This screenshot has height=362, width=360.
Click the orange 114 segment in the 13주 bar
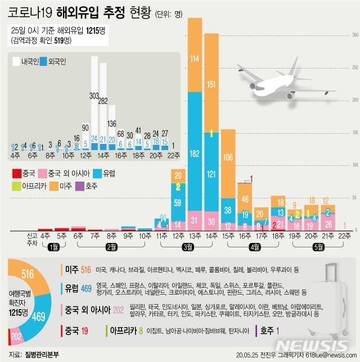[x=195, y=58]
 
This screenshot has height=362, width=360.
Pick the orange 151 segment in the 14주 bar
[x=211, y=84]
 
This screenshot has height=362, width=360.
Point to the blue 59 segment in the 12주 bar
[x=178, y=202]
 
